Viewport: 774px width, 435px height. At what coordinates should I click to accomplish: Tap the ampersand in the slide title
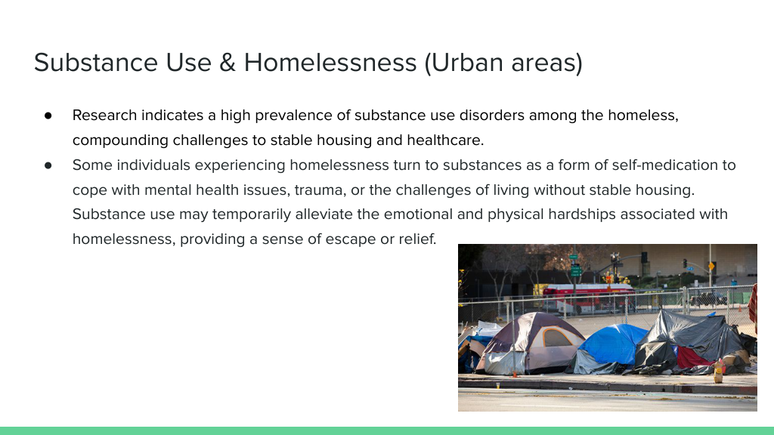(x=227, y=63)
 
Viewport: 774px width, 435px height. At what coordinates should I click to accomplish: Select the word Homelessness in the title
(x=330, y=63)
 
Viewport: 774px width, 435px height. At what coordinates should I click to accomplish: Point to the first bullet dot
(x=48, y=116)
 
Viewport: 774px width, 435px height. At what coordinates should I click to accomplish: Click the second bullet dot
(x=48, y=165)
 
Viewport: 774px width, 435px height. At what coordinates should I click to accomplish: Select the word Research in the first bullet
(x=104, y=115)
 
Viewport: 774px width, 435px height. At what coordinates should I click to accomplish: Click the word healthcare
(x=445, y=140)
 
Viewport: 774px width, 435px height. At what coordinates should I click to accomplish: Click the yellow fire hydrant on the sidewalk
(x=719, y=372)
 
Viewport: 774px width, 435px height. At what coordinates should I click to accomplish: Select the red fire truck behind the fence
(x=588, y=298)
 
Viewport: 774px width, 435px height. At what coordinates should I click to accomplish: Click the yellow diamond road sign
(x=711, y=267)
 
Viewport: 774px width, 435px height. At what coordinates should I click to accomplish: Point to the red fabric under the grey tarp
(x=693, y=357)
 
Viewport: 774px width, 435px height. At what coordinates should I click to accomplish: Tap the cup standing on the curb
(x=498, y=385)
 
